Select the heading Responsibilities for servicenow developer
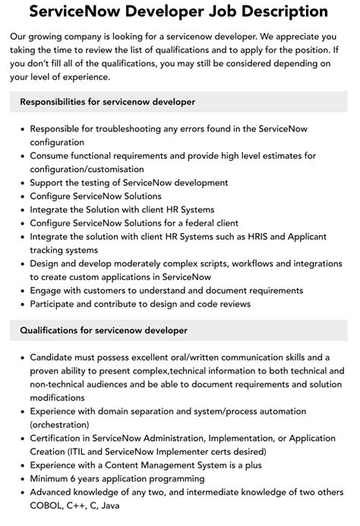click(107, 102)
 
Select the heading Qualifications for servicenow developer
click(103, 330)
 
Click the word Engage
click(46, 291)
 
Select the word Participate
click(54, 304)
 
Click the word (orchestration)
click(63, 424)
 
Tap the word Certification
click(58, 438)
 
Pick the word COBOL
click(48, 506)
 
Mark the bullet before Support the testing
click(20, 183)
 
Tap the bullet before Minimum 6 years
click(20, 479)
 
